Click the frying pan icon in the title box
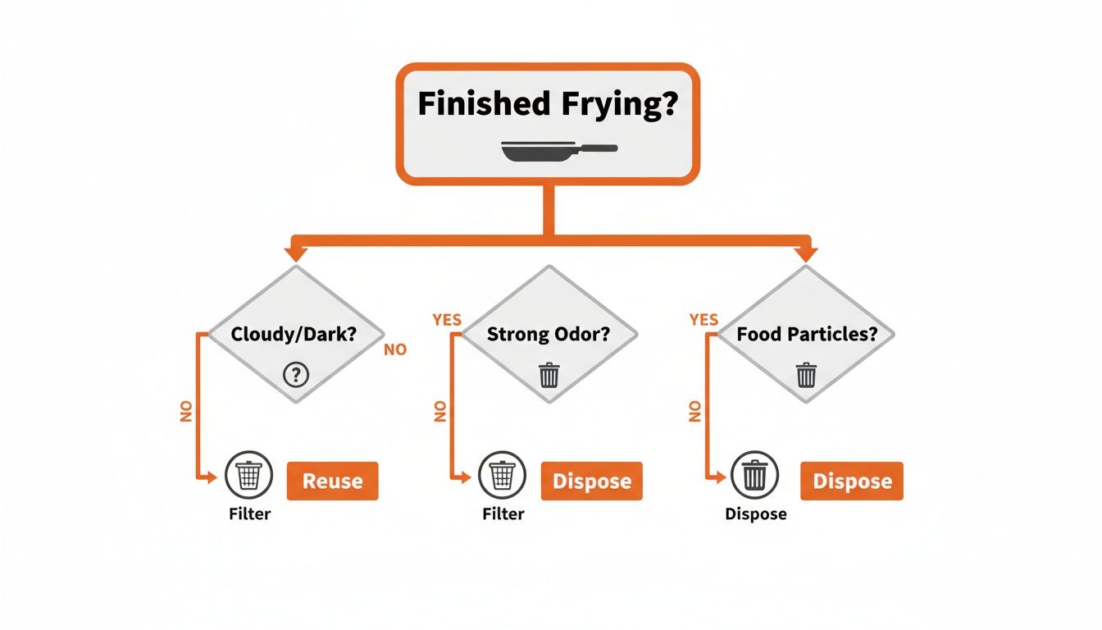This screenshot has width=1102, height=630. [x=558, y=150]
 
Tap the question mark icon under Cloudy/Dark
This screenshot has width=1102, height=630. [x=295, y=375]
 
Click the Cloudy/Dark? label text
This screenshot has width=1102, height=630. [x=295, y=335]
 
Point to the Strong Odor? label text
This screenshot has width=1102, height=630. [x=549, y=335]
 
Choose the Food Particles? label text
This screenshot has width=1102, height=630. [x=806, y=335]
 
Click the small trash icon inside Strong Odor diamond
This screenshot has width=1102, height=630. [x=549, y=375]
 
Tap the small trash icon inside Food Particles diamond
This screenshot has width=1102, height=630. [x=806, y=375]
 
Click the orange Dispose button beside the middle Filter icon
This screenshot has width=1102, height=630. [x=591, y=482]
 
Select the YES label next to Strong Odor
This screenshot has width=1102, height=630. [x=447, y=320]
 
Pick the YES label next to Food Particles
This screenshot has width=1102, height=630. [x=704, y=320]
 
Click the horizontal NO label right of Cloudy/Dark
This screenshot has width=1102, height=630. [x=394, y=350]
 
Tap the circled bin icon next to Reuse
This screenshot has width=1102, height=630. [x=248, y=475]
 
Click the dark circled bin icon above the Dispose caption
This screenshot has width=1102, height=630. [x=755, y=475]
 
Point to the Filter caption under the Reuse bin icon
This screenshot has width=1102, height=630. [x=249, y=514]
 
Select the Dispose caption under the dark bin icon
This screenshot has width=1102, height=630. [x=755, y=514]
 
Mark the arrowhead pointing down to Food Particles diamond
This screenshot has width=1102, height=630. [x=805, y=253]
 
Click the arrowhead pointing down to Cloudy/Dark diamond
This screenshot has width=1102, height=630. [x=294, y=253]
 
